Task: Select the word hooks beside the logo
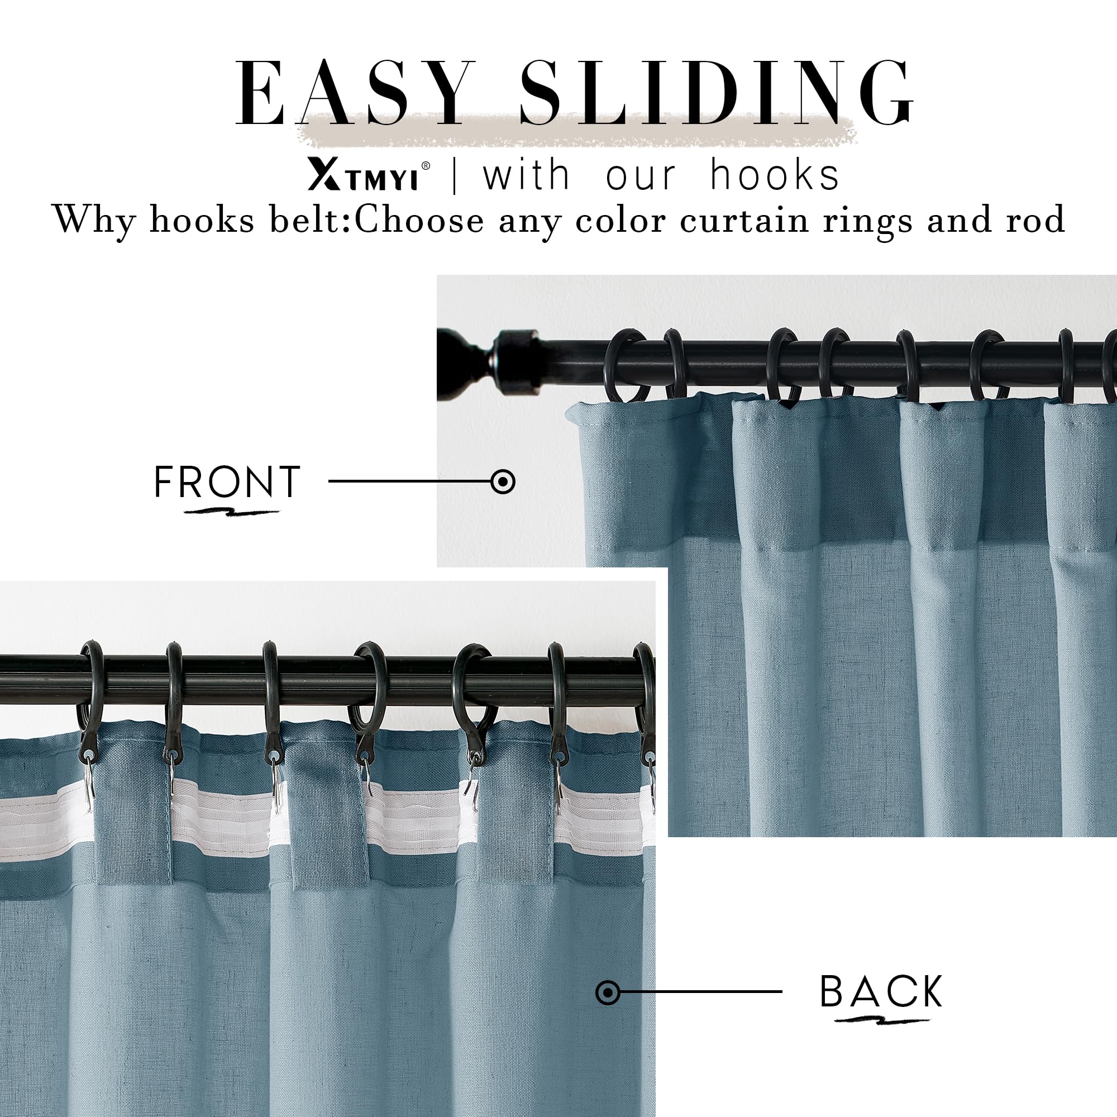[x=774, y=175]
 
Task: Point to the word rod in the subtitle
[x=1035, y=220]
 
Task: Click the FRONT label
[x=227, y=481]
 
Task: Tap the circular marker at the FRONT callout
[x=503, y=481]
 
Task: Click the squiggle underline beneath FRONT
[x=231, y=512]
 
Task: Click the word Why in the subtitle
[x=94, y=220]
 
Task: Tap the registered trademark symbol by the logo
[x=426, y=165]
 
